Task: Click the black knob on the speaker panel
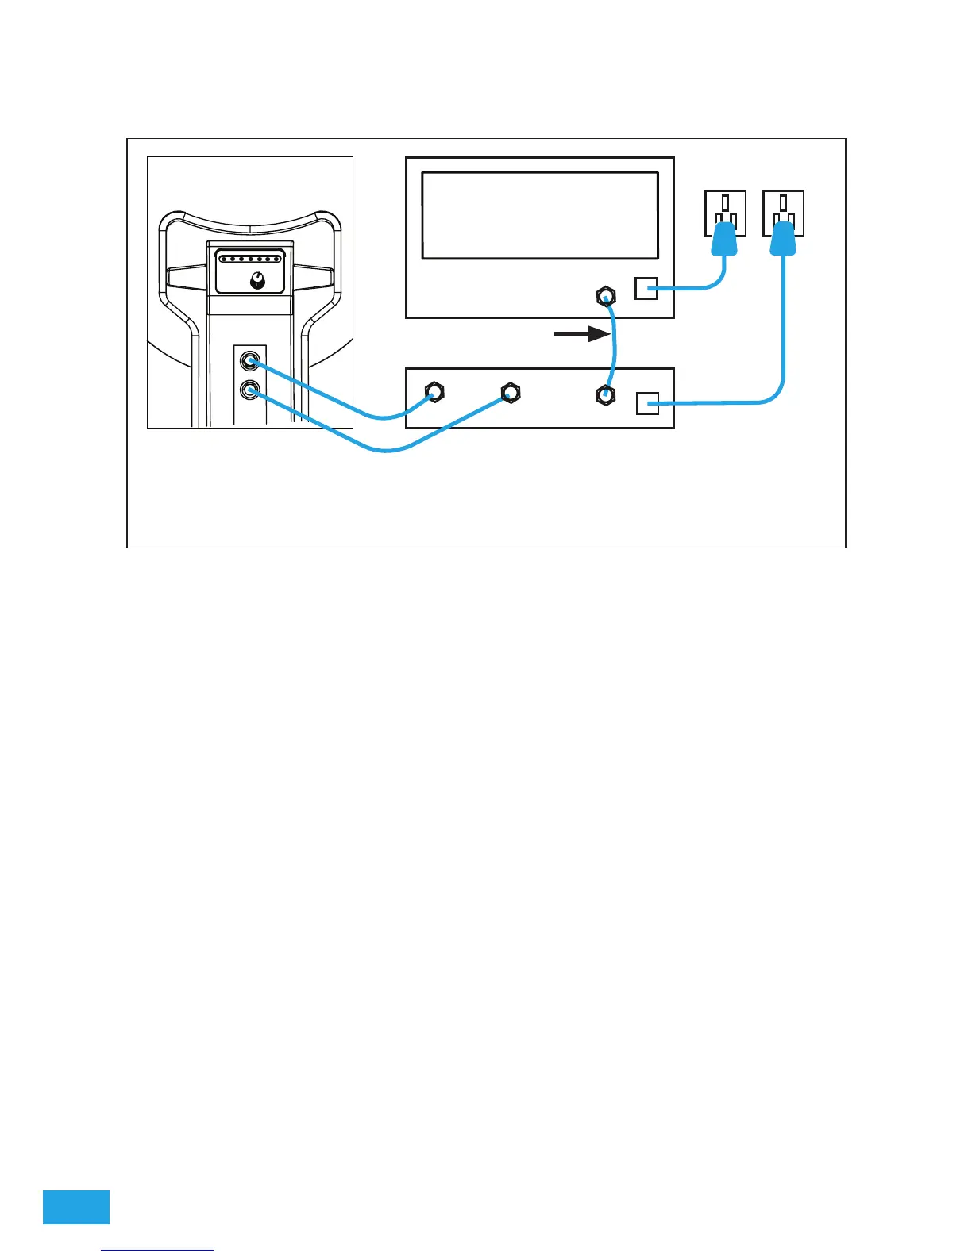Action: pos(256,280)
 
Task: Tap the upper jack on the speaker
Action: pos(251,363)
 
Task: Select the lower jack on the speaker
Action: pos(251,390)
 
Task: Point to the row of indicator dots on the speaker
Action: pos(250,259)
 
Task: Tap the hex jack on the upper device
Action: pos(606,298)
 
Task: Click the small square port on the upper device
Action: pos(646,288)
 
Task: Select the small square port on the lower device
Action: pos(647,403)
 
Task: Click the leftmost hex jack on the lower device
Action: pos(434,392)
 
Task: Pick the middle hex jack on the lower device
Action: pos(510,392)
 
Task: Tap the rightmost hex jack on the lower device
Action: pos(606,394)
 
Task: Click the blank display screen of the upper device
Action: pos(540,215)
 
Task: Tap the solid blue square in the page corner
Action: pos(76,1207)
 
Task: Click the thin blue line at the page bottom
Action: pos(158,1250)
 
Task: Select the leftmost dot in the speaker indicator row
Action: pos(222,259)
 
